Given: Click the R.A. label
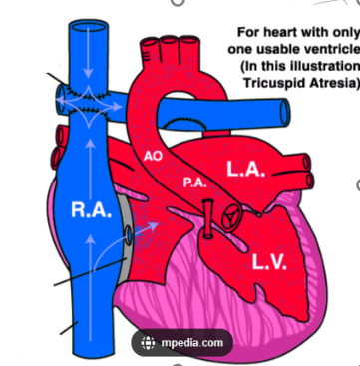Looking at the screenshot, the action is (x=91, y=210).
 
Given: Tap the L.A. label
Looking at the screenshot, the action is (x=246, y=169).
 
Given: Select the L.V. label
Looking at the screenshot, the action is (x=269, y=262).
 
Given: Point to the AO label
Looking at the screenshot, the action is (x=153, y=156).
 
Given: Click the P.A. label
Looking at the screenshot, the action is (x=195, y=183).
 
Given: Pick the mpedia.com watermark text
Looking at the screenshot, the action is (x=192, y=342).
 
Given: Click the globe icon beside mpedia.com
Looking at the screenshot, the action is (x=148, y=343).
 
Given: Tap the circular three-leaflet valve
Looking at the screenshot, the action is (x=232, y=217).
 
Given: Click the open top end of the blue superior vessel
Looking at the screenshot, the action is (x=89, y=26).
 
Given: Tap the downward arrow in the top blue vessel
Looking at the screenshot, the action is (x=88, y=52).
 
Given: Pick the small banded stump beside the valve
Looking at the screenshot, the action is (x=208, y=219).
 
